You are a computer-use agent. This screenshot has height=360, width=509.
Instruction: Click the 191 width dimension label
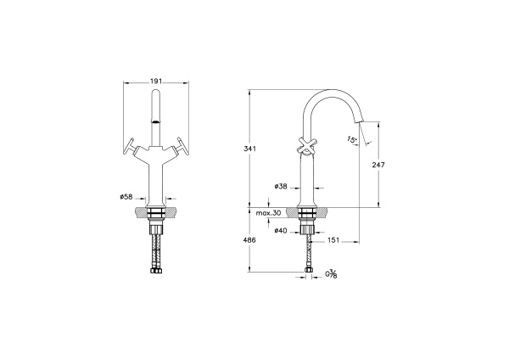click(x=156, y=82)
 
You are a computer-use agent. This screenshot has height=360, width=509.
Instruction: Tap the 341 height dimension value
click(x=250, y=149)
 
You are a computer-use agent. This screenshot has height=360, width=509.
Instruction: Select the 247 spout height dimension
click(x=378, y=165)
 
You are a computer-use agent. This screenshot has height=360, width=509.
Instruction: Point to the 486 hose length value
click(x=249, y=240)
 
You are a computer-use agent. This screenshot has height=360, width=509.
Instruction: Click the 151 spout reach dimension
click(x=333, y=240)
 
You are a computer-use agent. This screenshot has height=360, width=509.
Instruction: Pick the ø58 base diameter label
click(x=126, y=197)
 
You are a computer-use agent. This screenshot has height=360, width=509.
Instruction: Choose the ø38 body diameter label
click(x=281, y=187)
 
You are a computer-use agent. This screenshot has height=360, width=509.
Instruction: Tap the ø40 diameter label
click(x=281, y=231)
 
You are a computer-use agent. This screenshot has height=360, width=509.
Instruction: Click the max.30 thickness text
click(x=268, y=213)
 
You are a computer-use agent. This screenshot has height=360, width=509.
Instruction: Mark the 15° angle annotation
click(x=352, y=140)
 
